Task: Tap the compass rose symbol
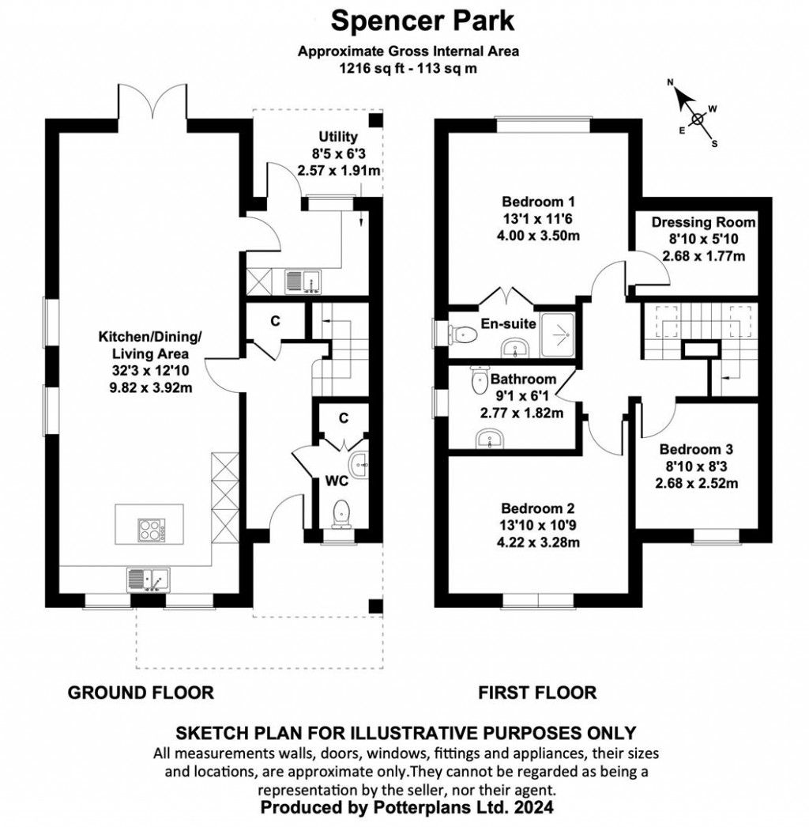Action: pyautogui.click(x=696, y=119)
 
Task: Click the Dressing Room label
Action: pyautogui.click(x=703, y=222)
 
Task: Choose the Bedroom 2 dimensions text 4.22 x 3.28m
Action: pyautogui.click(x=536, y=542)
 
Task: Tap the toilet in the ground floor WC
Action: pyautogui.click(x=342, y=514)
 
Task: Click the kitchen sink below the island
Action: pyautogui.click(x=148, y=580)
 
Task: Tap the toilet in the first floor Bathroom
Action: pyautogui.click(x=480, y=382)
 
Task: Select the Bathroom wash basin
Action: pyautogui.click(x=491, y=438)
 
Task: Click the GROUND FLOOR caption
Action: pyautogui.click(x=141, y=693)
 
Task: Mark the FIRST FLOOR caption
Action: pyautogui.click(x=537, y=693)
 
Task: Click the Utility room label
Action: pyautogui.click(x=338, y=137)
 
